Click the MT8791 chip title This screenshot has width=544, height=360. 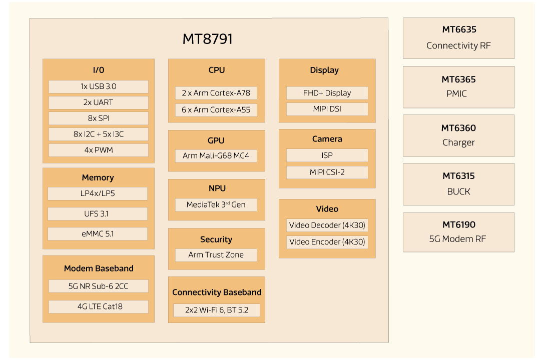(208, 39)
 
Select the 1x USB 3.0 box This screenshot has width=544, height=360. (99, 86)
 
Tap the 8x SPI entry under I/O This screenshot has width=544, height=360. (99, 118)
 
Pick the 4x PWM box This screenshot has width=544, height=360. (99, 150)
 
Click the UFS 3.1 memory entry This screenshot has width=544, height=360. (98, 214)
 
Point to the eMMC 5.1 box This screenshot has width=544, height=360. (98, 233)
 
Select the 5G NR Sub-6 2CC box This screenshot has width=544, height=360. (99, 286)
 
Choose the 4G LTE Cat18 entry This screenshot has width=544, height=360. (99, 306)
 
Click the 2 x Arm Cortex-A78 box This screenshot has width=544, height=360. (216, 93)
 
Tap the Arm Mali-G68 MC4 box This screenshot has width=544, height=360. (216, 155)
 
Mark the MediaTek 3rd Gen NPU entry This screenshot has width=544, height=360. (216, 204)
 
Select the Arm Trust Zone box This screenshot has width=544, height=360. (216, 255)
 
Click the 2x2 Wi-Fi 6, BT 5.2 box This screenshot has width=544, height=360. (216, 310)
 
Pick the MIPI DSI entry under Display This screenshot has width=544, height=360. (327, 109)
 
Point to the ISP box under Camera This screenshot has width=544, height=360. (327, 155)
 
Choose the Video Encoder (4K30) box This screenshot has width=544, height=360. (327, 242)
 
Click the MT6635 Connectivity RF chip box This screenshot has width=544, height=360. (458, 38)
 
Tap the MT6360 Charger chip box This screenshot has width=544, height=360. (458, 135)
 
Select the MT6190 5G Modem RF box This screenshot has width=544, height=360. (458, 232)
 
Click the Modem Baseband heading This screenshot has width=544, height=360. (99, 268)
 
